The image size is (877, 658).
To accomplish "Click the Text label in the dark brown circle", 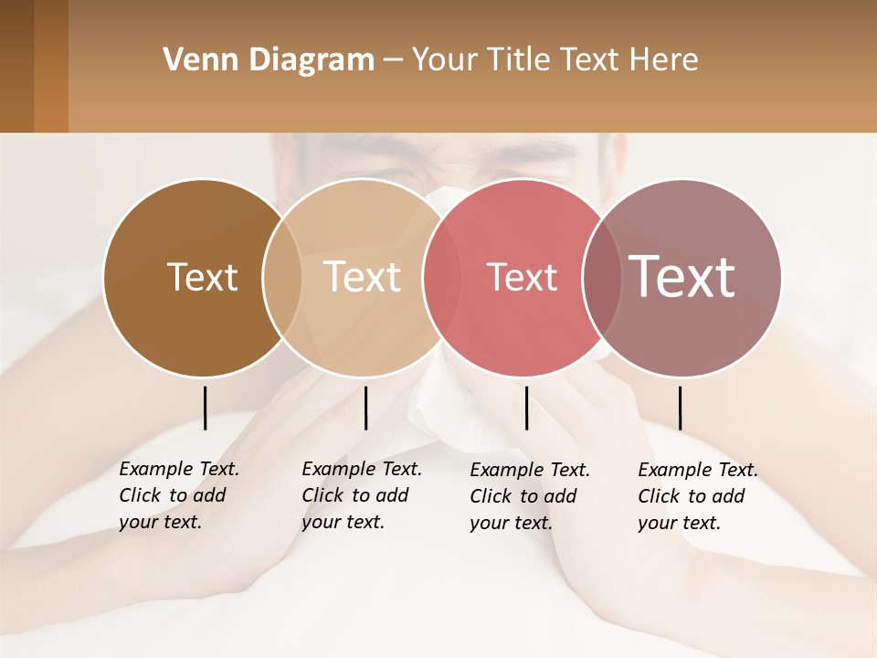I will pos(202,277).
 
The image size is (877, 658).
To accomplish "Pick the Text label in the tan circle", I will pos(363,277).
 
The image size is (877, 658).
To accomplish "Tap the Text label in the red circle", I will pos(522,278).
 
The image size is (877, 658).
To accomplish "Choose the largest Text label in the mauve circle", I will pos(682,276).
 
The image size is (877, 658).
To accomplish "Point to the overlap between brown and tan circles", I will pos(282,278).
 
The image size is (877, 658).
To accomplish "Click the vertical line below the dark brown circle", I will pos(206,408).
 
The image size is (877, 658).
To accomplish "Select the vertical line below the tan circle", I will pos(365,408).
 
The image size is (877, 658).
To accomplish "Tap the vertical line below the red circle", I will pos(526,408).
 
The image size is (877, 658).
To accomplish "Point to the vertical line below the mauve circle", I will pos(680,408).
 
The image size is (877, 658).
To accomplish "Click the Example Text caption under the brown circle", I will pos(179,495).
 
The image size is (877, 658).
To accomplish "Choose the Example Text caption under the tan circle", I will pos(362,495).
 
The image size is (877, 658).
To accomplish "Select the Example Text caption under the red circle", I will pos(530,496).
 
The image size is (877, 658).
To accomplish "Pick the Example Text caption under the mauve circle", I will pos(698,496).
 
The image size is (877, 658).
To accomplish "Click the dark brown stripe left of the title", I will pos(16,66).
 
